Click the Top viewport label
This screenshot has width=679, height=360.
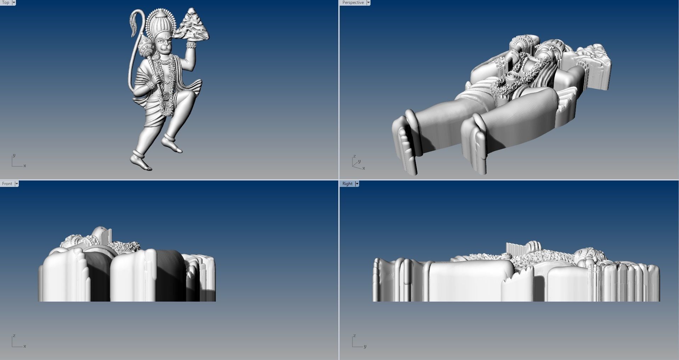tap(6, 2)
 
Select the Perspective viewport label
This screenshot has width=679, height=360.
tap(353, 2)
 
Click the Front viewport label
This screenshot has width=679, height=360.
tap(7, 184)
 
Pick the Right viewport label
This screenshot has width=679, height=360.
tap(347, 184)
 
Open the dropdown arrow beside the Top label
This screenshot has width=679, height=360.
tap(14, 2)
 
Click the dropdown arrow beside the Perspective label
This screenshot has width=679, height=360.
tap(368, 2)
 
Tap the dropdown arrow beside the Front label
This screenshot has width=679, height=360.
tap(16, 184)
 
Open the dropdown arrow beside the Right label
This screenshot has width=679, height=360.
tap(357, 184)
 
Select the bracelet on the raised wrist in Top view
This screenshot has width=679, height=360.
tap(191, 45)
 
